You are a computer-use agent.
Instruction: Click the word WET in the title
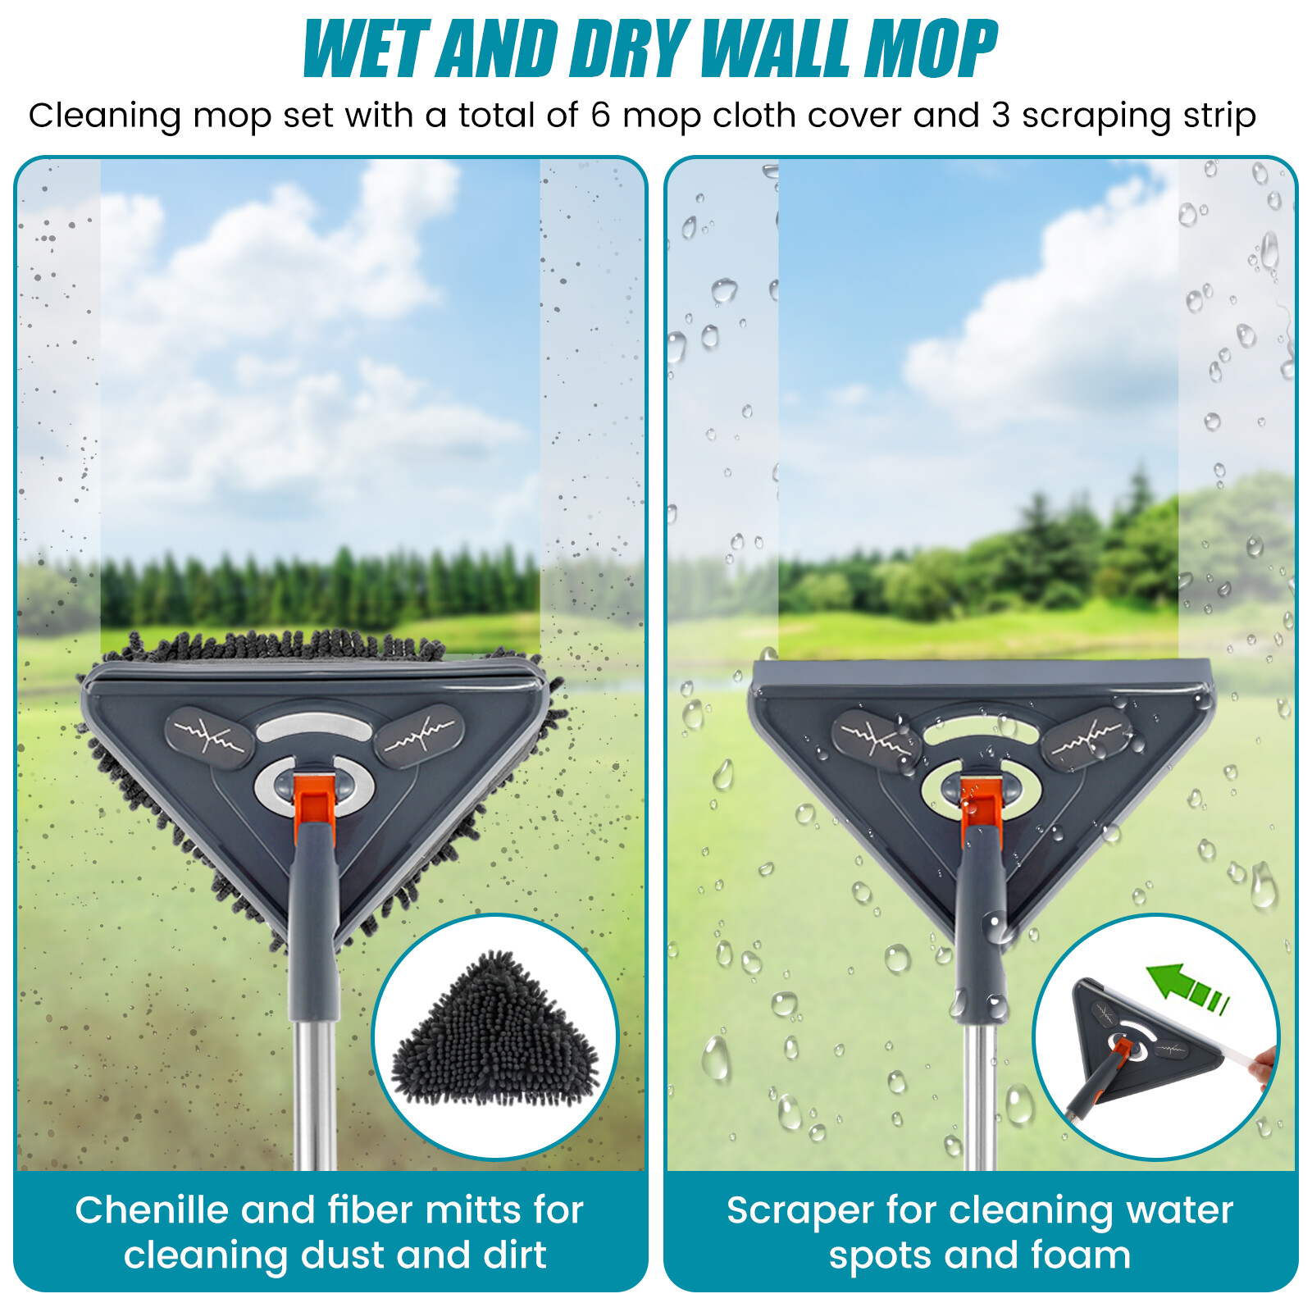366,49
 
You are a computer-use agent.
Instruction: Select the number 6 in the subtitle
600,116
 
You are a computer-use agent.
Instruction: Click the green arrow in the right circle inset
1185,984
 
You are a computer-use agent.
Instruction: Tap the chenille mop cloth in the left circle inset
495,1033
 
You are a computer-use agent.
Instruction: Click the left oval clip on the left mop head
210,737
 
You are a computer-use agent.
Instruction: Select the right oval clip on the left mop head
419,735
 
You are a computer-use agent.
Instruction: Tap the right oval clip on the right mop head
1086,737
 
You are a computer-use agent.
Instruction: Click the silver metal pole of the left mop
315,1091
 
